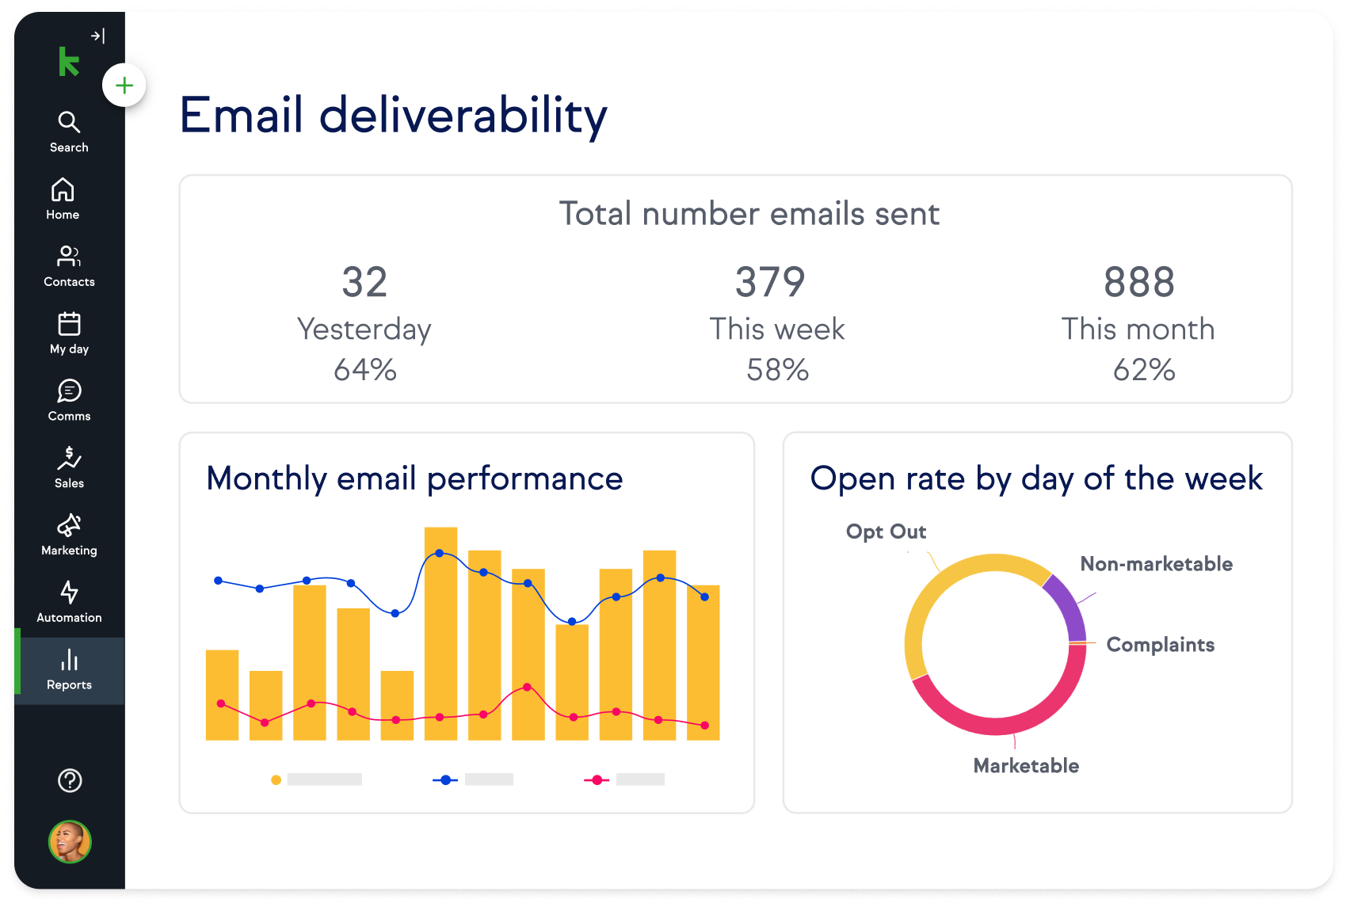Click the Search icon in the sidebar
pos(69,122)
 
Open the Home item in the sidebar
pos(63,190)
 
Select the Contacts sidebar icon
pos(69,257)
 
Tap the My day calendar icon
pos(69,324)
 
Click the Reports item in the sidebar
pos(69,670)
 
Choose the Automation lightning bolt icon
pos(69,592)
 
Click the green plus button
pos(124,86)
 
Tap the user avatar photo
pos(70,841)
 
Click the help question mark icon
pos(70,780)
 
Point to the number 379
pos(770,282)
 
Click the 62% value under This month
pos(1143,370)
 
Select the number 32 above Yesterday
pos(364,282)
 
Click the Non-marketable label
pos(1156,564)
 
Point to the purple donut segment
pos(1066,605)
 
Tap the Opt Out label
pos(886,532)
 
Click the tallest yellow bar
pos(440,634)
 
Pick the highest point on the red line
pos(528,687)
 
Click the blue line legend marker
pos(445,779)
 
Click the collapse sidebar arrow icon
pos(97,36)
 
